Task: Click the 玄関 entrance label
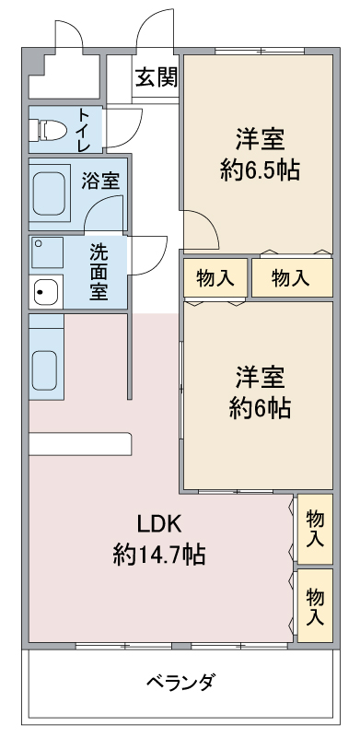pyautogui.click(x=156, y=77)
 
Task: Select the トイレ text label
pyautogui.click(x=84, y=131)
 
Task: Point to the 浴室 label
pyautogui.click(x=100, y=181)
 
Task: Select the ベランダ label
pyautogui.click(x=180, y=683)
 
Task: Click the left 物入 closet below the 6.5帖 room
pyautogui.click(x=215, y=278)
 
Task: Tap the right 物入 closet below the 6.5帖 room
pyautogui.click(x=291, y=278)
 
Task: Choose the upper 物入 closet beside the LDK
pyautogui.click(x=315, y=527)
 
